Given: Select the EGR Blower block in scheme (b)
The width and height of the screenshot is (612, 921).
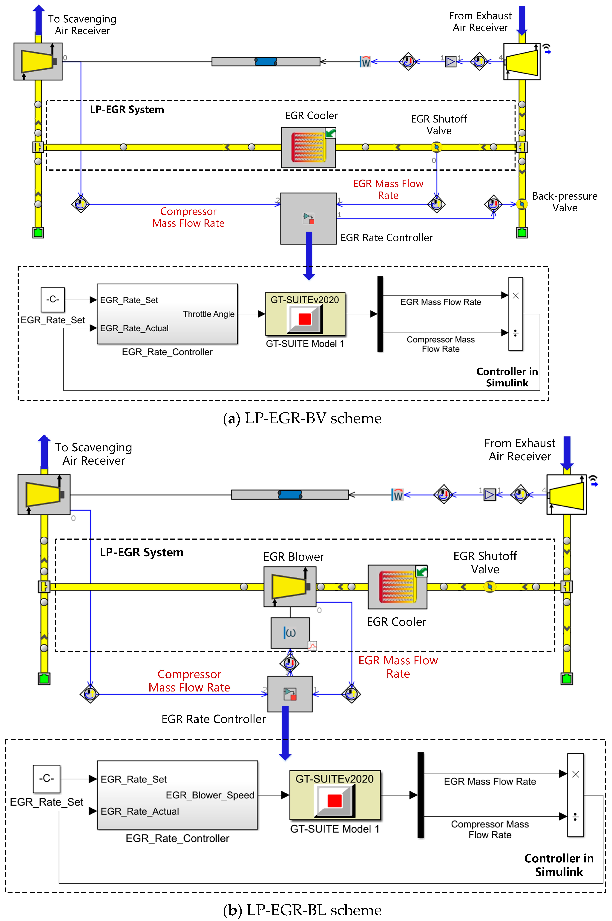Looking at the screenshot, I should point(290,586).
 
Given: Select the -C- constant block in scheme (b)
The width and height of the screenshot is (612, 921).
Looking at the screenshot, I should point(46,778).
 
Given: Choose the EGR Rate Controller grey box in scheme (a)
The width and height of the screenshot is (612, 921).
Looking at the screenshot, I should point(308,219).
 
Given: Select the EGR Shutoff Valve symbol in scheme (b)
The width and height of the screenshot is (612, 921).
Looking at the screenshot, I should point(490,586).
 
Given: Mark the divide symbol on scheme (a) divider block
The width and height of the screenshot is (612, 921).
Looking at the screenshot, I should point(515,333).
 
